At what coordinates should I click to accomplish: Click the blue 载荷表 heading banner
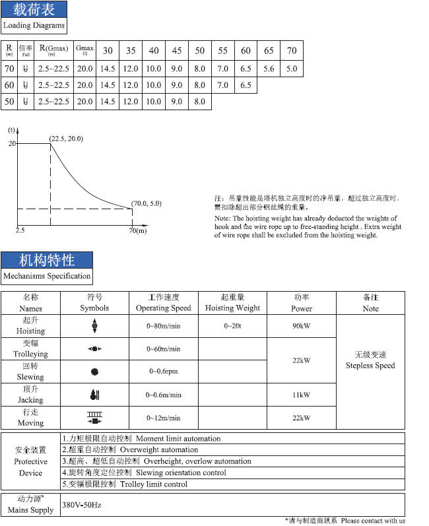(34, 9)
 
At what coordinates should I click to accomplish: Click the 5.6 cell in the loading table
(269, 68)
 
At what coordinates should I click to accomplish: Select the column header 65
(269, 51)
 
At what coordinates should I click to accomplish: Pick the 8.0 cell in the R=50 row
(199, 102)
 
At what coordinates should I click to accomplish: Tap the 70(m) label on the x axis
(137, 230)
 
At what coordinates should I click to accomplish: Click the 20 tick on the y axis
(11, 143)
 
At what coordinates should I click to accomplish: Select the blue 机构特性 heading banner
(47, 259)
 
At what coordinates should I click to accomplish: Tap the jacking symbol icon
(94, 395)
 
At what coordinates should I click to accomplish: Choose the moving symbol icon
(94, 418)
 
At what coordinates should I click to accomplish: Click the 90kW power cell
(302, 326)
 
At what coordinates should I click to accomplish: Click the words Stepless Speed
(370, 366)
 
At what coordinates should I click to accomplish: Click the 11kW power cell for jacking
(302, 395)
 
